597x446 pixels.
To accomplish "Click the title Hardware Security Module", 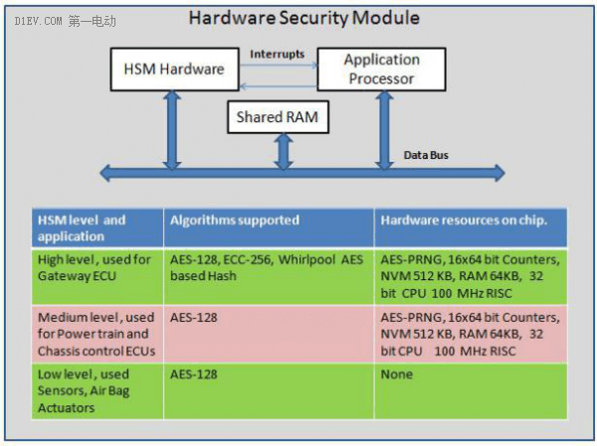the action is point(304,18).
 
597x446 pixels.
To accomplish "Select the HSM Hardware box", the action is point(175,70).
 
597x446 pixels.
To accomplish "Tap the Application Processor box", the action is point(381,70).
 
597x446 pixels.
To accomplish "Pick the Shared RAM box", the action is point(278,117).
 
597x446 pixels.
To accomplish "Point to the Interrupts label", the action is point(278,54).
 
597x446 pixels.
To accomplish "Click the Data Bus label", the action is point(426,155).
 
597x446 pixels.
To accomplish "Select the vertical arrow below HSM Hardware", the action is point(172,130).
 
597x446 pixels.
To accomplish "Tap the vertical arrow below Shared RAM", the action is point(284,151).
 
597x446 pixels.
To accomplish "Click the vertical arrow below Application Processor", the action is point(384,130).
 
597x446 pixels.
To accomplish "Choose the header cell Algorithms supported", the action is point(269,227).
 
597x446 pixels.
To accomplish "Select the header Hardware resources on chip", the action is point(471,227).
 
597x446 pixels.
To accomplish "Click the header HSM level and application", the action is point(98,227).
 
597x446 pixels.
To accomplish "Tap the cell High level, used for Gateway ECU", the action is point(98,276).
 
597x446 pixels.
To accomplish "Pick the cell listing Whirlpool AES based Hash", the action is point(269,276).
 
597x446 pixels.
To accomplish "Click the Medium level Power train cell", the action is point(98,334).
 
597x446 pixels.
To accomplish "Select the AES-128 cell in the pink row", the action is point(269,334).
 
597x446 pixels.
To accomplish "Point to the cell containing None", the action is point(471,391).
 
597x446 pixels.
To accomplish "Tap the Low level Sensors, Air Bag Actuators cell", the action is point(98,391).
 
